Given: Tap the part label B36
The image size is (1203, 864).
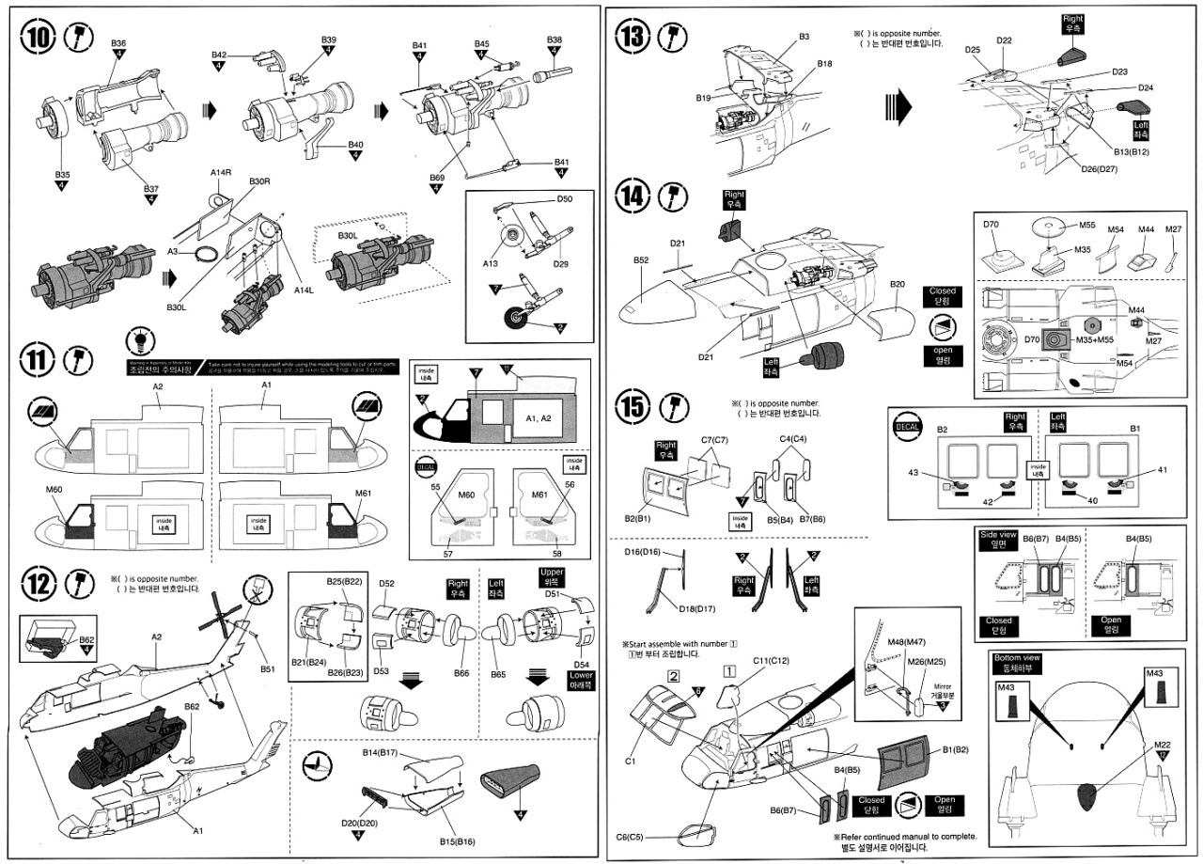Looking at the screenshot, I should click(x=118, y=43).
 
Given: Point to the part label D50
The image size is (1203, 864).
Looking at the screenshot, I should click(x=565, y=199).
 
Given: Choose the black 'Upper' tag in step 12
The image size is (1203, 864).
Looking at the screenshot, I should click(x=552, y=575).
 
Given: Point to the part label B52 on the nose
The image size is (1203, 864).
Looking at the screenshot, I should click(x=642, y=259).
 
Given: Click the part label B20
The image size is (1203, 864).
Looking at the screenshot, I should click(x=897, y=284).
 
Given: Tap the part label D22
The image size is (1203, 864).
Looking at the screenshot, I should click(x=1004, y=40).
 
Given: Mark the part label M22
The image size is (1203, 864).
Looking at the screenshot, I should click(x=1162, y=744).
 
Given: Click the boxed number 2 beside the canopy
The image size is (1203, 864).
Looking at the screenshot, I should click(x=674, y=675).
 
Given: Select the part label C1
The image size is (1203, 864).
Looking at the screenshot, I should click(x=631, y=762).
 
